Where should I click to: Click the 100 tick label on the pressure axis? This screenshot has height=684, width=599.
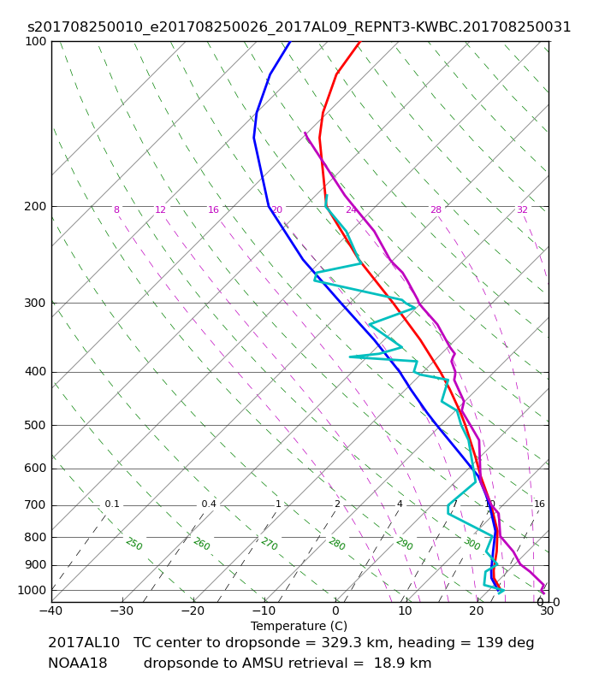pyautogui.click(x=36, y=41)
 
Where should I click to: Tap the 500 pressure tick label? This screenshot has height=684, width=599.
pyautogui.click(x=36, y=425)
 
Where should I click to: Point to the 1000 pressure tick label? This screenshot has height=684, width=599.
pyautogui.click(x=33, y=590)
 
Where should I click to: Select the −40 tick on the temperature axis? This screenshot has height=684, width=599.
pyautogui.click(x=51, y=611)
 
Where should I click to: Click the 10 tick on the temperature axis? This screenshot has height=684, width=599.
pyautogui.click(x=406, y=611)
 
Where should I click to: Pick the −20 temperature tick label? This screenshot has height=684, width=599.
pyautogui.click(x=193, y=611)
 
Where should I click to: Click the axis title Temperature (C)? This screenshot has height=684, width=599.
pyautogui.click(x=299, y=627)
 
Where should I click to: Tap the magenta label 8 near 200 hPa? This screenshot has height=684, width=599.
pyautogui.click(x=116, y=210)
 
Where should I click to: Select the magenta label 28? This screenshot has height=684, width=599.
pyautogui.click(x=436, y=210)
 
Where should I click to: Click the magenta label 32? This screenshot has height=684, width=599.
pyautogui.click(x=522, y=210)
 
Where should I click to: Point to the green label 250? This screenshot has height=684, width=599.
pyautogui.click(x=133, y=544)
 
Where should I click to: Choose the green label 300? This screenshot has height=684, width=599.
pyautogui.click(x=471, y=544)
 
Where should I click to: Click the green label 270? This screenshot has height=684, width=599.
pyautogui.click(x=269, y=544)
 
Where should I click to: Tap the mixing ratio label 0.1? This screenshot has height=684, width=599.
pyautogui.click(x=112, y=504)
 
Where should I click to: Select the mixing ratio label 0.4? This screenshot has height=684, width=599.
pyautogui.click(x=209, y=504)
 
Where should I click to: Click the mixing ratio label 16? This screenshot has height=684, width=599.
pyautogui.click(x=539, y=504)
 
